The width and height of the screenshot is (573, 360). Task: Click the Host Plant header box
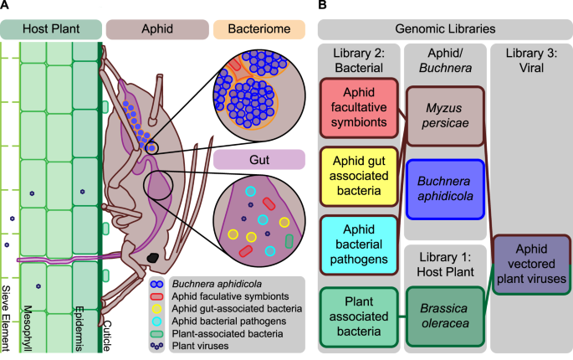tap(50, 29)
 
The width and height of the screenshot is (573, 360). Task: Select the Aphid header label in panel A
tap(157, 29)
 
